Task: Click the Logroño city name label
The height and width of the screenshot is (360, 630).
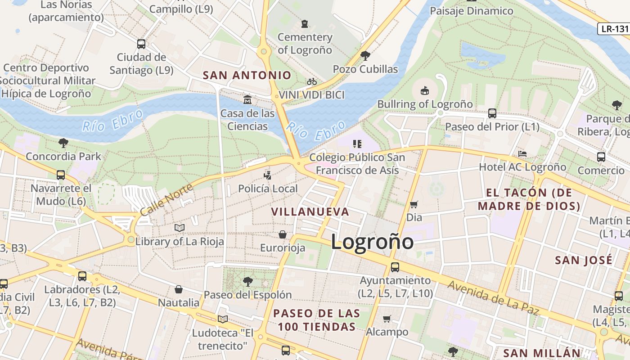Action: point(372,242)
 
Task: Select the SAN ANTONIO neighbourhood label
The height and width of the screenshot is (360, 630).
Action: point(247,75)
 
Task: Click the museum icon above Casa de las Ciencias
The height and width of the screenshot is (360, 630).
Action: point(247,99)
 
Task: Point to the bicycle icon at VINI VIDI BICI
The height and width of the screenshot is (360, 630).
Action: point(311,81)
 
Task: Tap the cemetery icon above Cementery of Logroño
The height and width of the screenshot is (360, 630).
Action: point(305,23)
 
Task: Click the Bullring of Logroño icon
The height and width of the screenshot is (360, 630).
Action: point(424,91)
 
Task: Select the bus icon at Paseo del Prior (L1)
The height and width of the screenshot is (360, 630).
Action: point(492,113)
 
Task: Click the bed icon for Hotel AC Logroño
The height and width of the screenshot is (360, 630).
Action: point(522,154)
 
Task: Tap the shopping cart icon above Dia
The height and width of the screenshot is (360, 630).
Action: point(414,204)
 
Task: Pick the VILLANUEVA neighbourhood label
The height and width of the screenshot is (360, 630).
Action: point(310,211)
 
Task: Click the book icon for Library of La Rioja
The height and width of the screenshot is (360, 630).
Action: point(180,228)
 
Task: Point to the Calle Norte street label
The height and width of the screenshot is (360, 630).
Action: point(162,198)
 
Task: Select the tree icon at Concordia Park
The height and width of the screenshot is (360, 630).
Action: point(63,143)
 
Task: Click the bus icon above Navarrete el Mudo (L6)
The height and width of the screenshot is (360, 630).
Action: point(61,175)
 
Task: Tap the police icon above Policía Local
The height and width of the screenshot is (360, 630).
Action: point(268,175)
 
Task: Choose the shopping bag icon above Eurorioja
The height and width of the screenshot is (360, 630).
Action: point(283,234)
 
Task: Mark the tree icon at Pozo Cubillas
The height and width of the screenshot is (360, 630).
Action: point(365,56)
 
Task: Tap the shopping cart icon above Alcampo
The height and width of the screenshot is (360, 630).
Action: point(387,319)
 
